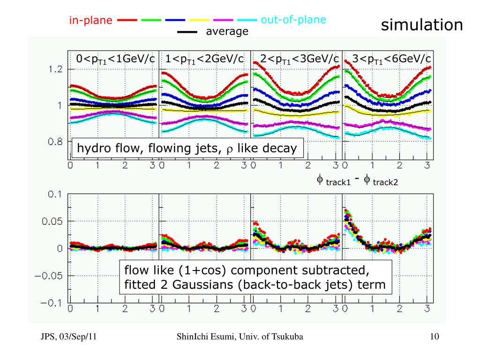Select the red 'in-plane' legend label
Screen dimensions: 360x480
point(91,20)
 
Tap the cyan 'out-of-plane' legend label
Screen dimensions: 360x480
point(293,20)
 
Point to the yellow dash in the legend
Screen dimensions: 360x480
point(198,21)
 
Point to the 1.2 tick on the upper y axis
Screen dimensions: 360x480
point(55,69)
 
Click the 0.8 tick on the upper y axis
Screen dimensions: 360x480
point(55,142)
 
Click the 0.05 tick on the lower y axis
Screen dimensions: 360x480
point(52,221)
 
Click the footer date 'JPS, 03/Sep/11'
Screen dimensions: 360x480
point(68,337)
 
